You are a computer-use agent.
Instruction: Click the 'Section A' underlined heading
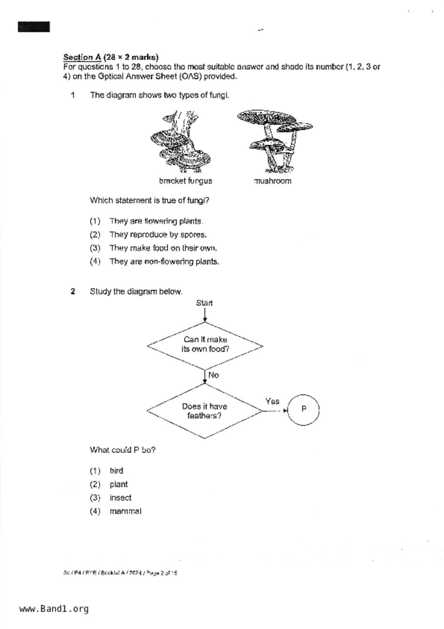tap(82, 57)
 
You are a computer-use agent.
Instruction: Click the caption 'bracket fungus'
tap(186, 181)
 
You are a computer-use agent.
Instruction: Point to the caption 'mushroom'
tap(273, 181)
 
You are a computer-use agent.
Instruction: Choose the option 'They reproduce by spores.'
tap(158, 235)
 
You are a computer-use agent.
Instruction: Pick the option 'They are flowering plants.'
tap(156, 221)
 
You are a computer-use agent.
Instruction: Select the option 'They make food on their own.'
tap(163, 248)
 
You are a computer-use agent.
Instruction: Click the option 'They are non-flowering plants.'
tap(164, 262)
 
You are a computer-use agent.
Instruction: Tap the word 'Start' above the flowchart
tap(204, 303)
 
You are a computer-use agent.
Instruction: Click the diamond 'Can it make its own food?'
tap(205, 345)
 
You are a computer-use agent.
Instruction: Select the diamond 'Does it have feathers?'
tap(205, 411)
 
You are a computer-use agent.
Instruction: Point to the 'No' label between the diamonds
tap(213, 375)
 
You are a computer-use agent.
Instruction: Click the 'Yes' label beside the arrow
tap(272, 402)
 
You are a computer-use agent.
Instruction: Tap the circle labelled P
tap(303, 410)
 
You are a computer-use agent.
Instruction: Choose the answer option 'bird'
tap(116, 471)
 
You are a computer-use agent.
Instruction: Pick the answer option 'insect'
tap(120, 498)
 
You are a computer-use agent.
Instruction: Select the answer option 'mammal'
tap(125, 511)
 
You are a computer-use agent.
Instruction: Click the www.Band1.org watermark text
tap(54, 609)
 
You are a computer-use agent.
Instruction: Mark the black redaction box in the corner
tap(34, 27)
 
